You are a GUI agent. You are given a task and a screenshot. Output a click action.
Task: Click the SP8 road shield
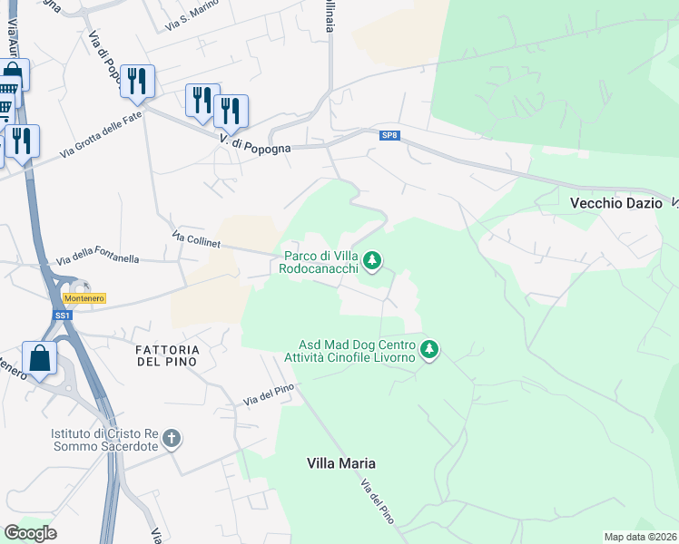coord(389,136)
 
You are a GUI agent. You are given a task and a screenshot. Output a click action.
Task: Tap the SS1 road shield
coord(63,315)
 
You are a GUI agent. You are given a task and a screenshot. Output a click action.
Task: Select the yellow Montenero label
coord(84,298)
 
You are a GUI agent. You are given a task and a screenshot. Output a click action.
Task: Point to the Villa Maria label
coord(341,463)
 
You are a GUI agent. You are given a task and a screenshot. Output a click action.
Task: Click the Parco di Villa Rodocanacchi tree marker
coord(371,262)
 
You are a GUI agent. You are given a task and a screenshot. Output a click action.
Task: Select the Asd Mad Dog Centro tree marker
coord(429,349)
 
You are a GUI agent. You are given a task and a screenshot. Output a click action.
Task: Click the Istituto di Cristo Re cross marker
coord(171,440)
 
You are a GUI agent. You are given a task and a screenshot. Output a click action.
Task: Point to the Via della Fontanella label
coord(98,258)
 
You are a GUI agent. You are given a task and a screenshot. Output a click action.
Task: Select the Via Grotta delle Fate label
coord(102,134)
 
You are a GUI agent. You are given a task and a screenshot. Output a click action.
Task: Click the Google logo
coord(30,532)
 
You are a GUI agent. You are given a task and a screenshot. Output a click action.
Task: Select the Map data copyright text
coord(641,537)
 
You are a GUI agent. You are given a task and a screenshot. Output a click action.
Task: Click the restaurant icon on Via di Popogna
coord(137,81)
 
